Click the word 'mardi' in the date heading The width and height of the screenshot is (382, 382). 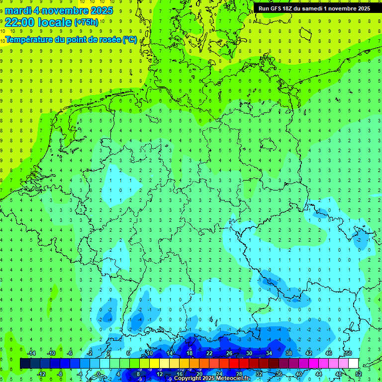click(x=17, y=10)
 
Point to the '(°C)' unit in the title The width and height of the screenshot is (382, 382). click(x=130, y=39)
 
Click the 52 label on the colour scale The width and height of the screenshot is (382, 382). click(x=358, y=374)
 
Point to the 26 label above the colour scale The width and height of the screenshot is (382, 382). click(x=229, y=353)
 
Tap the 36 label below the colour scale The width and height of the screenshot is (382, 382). click(x=279, y=374)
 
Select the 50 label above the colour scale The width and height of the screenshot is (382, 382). click(x=348, y=353)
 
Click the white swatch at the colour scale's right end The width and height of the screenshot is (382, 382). click(x=353, y=364)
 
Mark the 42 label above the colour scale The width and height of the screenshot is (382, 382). click(x=309, y=353)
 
